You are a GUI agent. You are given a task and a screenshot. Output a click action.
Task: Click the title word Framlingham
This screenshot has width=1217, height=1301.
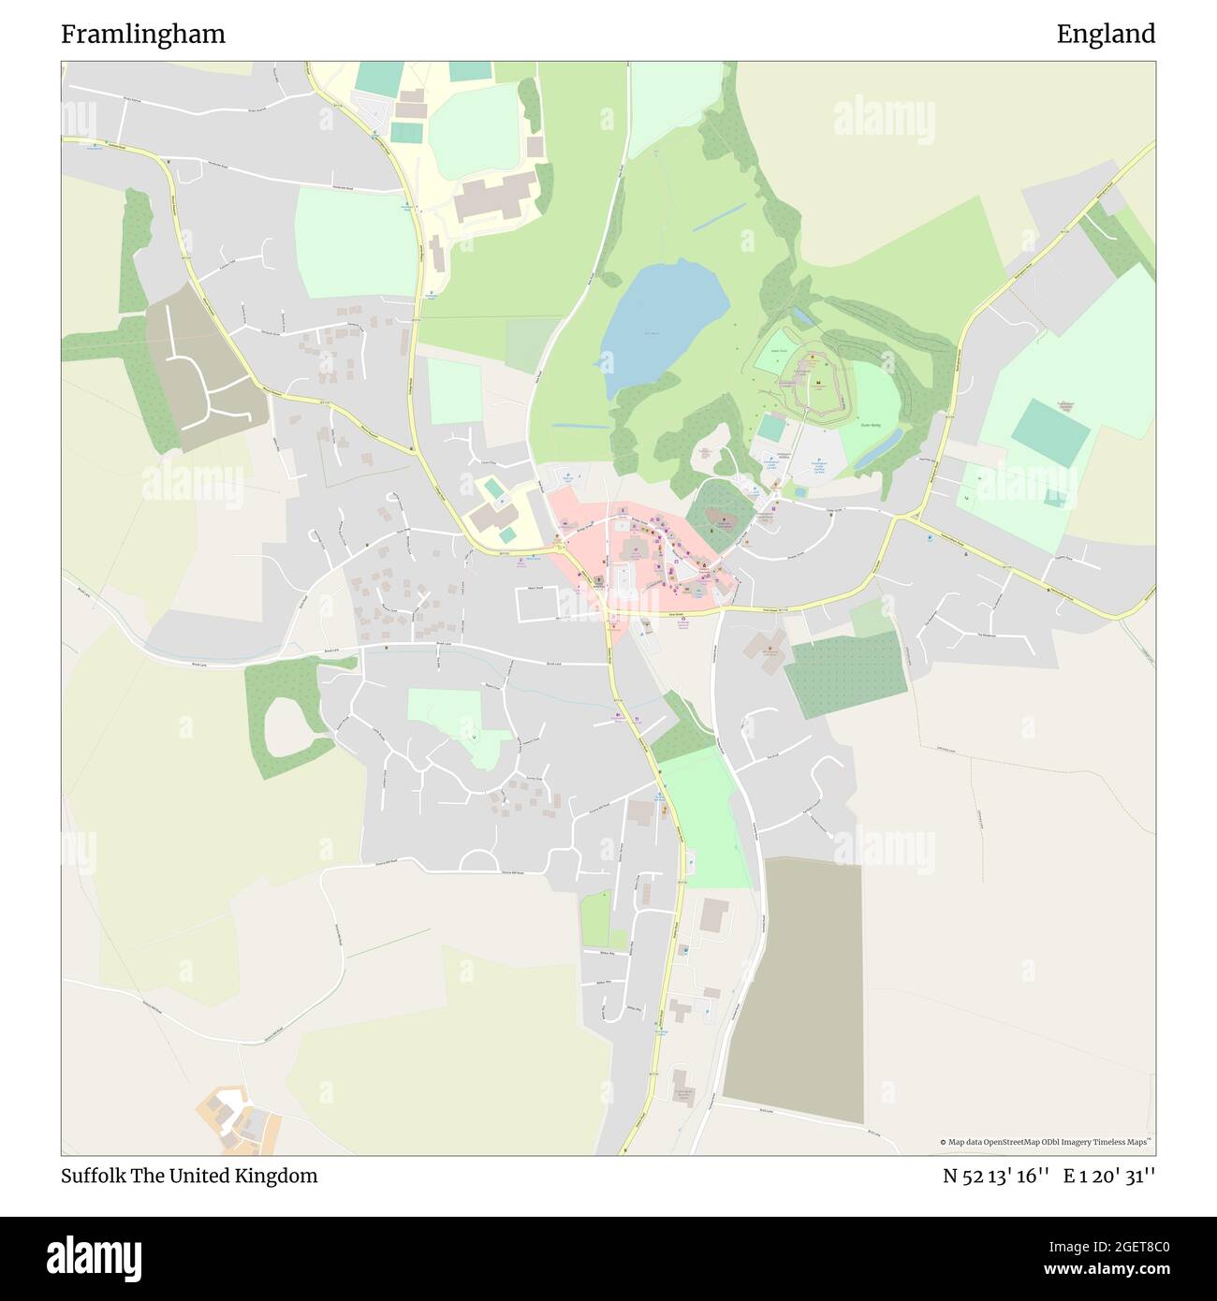point(143,35)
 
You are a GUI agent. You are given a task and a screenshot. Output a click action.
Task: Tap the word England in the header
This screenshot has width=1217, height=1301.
point(1106,35)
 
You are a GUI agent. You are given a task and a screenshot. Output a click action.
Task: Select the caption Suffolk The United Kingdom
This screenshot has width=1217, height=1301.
point(189,1176)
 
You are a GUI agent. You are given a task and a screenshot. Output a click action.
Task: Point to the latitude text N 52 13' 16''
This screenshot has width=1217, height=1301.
point(995,1176)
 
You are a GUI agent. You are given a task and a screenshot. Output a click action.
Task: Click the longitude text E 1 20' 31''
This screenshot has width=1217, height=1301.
point(1108,1176)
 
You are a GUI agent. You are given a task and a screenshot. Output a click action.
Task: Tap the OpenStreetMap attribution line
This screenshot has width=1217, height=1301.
point(1047,1142)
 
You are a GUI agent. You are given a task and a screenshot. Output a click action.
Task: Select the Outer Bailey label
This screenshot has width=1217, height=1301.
point(872,425)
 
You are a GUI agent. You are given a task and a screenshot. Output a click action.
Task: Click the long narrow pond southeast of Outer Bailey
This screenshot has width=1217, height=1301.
point(877,449)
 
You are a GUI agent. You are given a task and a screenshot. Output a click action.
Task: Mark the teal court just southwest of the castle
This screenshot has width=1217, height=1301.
point(771,428)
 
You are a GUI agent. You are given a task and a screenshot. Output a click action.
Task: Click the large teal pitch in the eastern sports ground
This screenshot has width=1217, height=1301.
point(1050,430)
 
